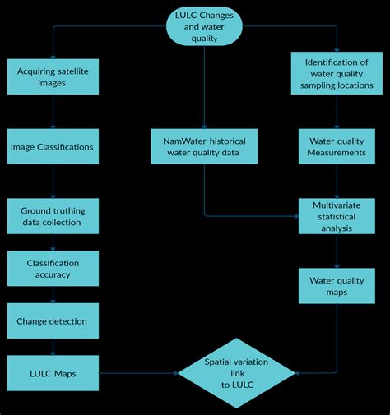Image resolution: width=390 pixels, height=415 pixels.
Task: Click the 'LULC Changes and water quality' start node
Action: (205, 26)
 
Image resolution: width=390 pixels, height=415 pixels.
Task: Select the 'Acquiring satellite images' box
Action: (53, 77)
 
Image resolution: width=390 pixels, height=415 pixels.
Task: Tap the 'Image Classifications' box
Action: (52, 147)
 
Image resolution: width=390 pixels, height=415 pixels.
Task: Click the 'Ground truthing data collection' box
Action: (53, 216)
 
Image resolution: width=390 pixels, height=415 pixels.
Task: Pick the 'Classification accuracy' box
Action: (53, 269)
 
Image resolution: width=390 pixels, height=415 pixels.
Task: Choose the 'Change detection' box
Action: (52, 321)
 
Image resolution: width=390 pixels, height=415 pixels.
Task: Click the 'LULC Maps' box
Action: (53, 373)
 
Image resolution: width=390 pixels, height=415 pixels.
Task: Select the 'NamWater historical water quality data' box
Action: (205, 146)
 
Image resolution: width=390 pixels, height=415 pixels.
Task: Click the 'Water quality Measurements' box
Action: (337, 147)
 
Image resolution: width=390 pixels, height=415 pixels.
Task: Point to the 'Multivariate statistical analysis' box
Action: (337, 216)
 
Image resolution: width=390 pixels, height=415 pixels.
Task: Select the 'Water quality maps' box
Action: (337, 286)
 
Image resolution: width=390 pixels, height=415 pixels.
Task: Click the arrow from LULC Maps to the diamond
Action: (140, 374)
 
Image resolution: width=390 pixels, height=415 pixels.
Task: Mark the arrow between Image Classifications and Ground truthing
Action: (53, 181)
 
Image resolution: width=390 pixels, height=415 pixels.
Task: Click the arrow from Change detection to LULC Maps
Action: (53, 347)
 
